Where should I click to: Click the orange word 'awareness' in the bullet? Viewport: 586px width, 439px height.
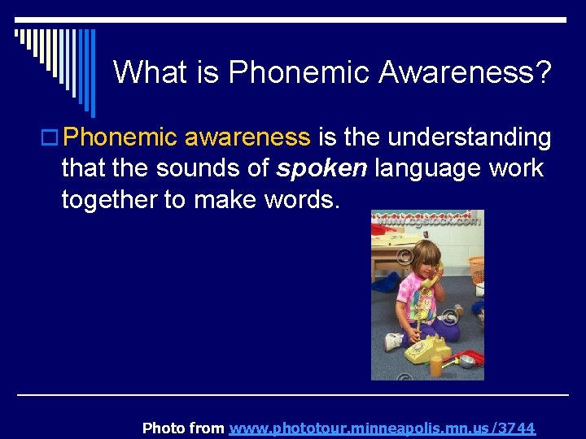(247, 137)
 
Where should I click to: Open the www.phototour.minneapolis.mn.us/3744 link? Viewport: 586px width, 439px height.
(383, 428)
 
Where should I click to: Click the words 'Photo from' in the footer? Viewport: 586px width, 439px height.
(183, 428)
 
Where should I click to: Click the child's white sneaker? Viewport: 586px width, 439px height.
(393, 341)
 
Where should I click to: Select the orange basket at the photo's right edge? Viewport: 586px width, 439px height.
(477, 269)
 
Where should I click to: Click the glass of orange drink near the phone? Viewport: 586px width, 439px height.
(437, 365)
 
